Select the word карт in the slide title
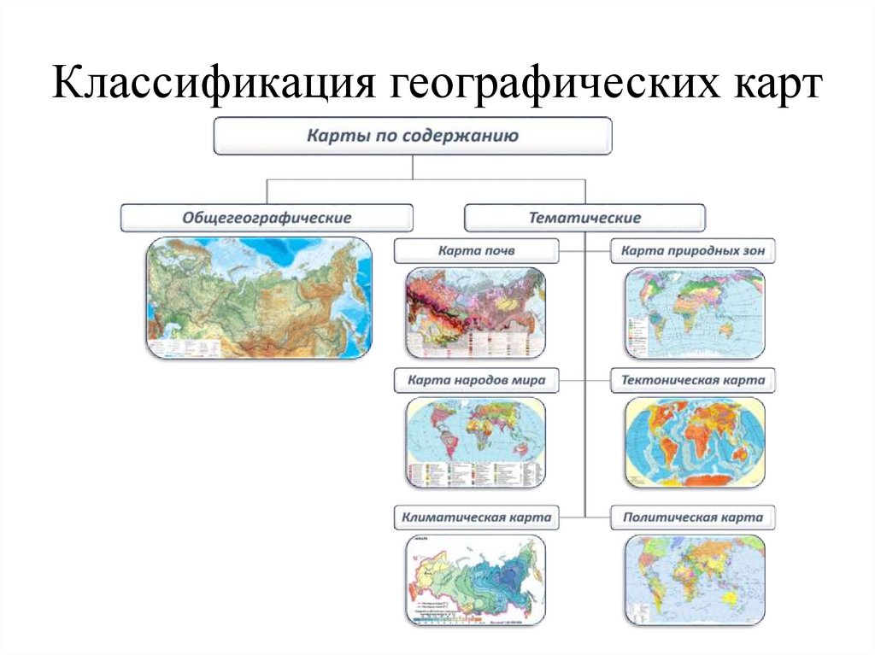(776, 87)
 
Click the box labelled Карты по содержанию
(413, 137)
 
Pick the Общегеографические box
(267, 218)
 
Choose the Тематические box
(584, 218)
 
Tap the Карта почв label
(476, 251)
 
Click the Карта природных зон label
(693, 251)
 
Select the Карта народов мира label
(476, 380)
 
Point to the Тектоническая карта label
(693, 380)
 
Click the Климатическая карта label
(476, 517)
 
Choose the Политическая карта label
(693, 517)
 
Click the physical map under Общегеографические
(259, 297)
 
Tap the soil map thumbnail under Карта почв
(474, 312)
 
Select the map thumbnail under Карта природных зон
(694, 312)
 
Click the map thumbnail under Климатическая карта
(474, 581)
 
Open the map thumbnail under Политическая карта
(694, 581)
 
